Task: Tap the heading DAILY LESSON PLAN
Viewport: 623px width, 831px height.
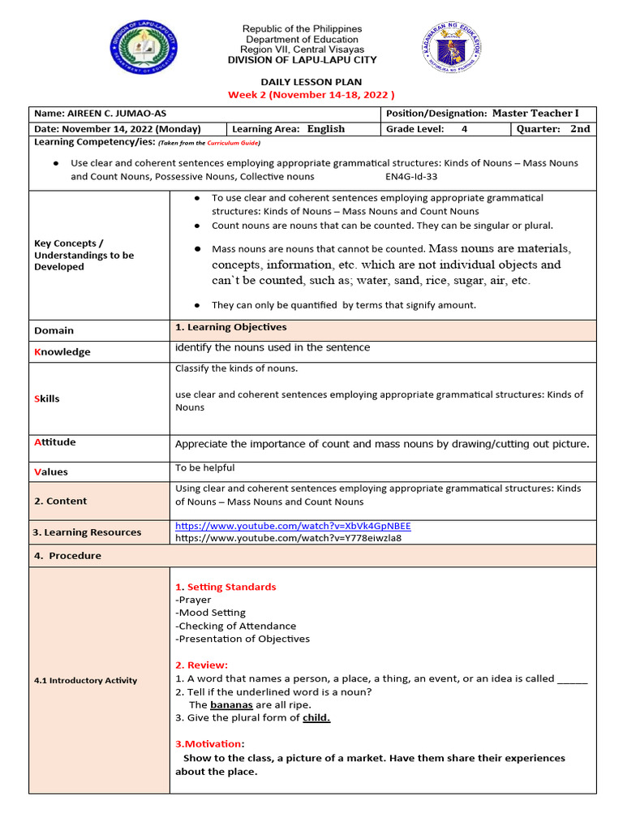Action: click(x=311, y=83)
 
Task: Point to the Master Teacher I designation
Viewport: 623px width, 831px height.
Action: click(x=535, y=114)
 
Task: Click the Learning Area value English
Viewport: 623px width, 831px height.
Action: click(x=325, y=129)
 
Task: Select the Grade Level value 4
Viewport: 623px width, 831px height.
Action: click(x=464, y=129)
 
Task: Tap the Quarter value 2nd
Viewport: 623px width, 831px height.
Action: click(x=580, y=129)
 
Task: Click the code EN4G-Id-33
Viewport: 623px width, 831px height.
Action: click(x=411, y=176)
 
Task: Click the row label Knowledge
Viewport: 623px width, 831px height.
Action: click(x=62, y=352)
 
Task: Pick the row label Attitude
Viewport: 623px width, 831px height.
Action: click(x=55, y=442)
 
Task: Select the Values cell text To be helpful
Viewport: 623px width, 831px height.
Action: click(x=205, y=468)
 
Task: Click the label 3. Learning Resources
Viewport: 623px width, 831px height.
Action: click(x=87, y=532)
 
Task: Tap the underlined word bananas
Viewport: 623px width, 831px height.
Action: click(x=231, y=704)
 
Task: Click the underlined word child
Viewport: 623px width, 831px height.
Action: click(x=316, y=717)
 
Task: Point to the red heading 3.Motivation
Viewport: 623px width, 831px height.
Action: click(x=209, y=743)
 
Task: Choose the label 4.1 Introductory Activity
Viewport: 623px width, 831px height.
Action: click(x=85, y=680)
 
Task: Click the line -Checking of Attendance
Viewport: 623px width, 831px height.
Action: click(x=236, y=626)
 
